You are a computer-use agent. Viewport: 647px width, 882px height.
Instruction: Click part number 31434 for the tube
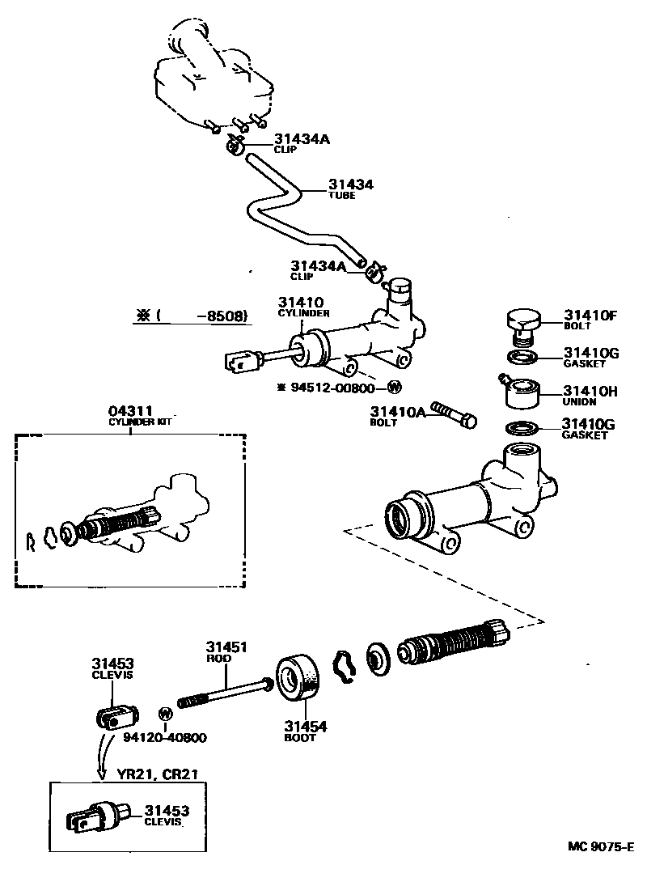350,184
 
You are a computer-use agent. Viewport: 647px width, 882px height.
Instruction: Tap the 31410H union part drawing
521,392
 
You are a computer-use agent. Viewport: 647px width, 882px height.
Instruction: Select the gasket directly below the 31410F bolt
522,356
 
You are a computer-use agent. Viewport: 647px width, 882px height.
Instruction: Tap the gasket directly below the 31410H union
522,428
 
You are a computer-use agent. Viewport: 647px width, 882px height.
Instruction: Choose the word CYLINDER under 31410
303,312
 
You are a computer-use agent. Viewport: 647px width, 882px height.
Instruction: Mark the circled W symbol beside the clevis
165,714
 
